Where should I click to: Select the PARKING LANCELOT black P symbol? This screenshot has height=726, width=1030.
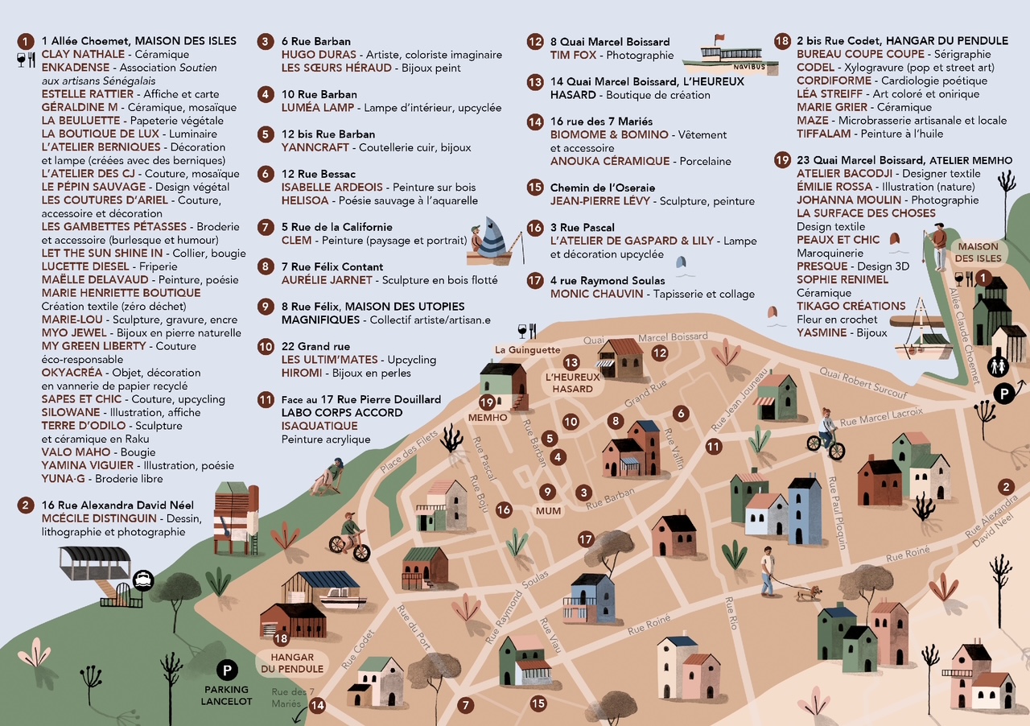pyautogui.click(x=228, y=670)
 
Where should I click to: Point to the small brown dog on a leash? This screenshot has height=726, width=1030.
pyautogui.click(x=806, y=593)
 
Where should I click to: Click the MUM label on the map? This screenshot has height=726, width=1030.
pyautogui.click(x=548, y=510)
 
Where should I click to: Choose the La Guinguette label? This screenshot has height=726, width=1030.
pyautogui.click(x=527, y=350)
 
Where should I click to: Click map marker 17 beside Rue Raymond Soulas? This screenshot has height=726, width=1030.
pyautogui.click(x=585, y=539)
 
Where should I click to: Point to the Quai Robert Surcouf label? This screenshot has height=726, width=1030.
pyautogui.click(x=863, y=382)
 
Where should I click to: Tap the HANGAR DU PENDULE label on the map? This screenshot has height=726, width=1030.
pyautogui.click(x=290, y=662)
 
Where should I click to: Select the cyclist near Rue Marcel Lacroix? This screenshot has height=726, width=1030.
pyautogui.click(x=826, y=433)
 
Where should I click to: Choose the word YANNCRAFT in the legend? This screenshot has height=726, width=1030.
pyautogui.click(x=315, y=147)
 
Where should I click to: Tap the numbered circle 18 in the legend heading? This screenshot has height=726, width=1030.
pyautogui.click(x=781, y=41)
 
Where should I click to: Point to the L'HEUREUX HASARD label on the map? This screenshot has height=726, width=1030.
pyautogui.click(x=572, y=382)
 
